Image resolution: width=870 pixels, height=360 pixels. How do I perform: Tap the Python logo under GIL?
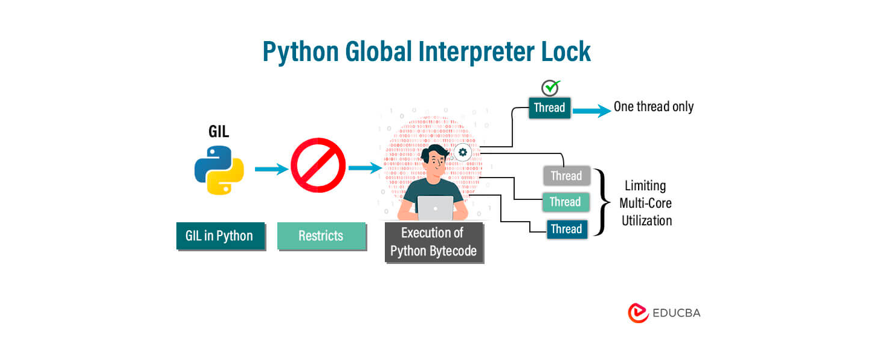coord(219,169)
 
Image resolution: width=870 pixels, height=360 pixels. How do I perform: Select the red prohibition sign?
coord(318,166)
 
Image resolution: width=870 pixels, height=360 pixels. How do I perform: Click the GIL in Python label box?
coord(221,236)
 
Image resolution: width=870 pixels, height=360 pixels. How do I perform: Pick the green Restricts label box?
coord(321,236)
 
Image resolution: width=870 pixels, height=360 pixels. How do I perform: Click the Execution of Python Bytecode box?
coord(434,242)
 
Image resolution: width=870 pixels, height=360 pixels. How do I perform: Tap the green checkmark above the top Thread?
coord(550,88)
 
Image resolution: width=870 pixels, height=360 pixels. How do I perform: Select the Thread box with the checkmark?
coord(549,108)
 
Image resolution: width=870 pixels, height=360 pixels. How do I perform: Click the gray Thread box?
coord(566,176)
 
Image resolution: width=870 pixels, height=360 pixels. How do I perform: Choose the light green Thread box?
coord(565,202)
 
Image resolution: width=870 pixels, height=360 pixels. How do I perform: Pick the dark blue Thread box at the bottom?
coord(567,229)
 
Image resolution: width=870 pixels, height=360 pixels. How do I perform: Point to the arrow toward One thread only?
coord(591,111)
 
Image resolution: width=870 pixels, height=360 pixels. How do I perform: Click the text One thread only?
coord(654,107)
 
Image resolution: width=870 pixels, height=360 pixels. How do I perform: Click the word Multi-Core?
coord(646,203)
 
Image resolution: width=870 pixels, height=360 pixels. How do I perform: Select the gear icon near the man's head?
coord(463,152)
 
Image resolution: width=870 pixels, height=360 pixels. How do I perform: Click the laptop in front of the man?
coord(435,208)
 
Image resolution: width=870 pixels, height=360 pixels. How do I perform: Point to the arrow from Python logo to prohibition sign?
coord(271,169)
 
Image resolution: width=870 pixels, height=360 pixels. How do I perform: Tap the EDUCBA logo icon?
coord(638,313)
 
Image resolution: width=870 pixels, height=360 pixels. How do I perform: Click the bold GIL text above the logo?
coord(219,132)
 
